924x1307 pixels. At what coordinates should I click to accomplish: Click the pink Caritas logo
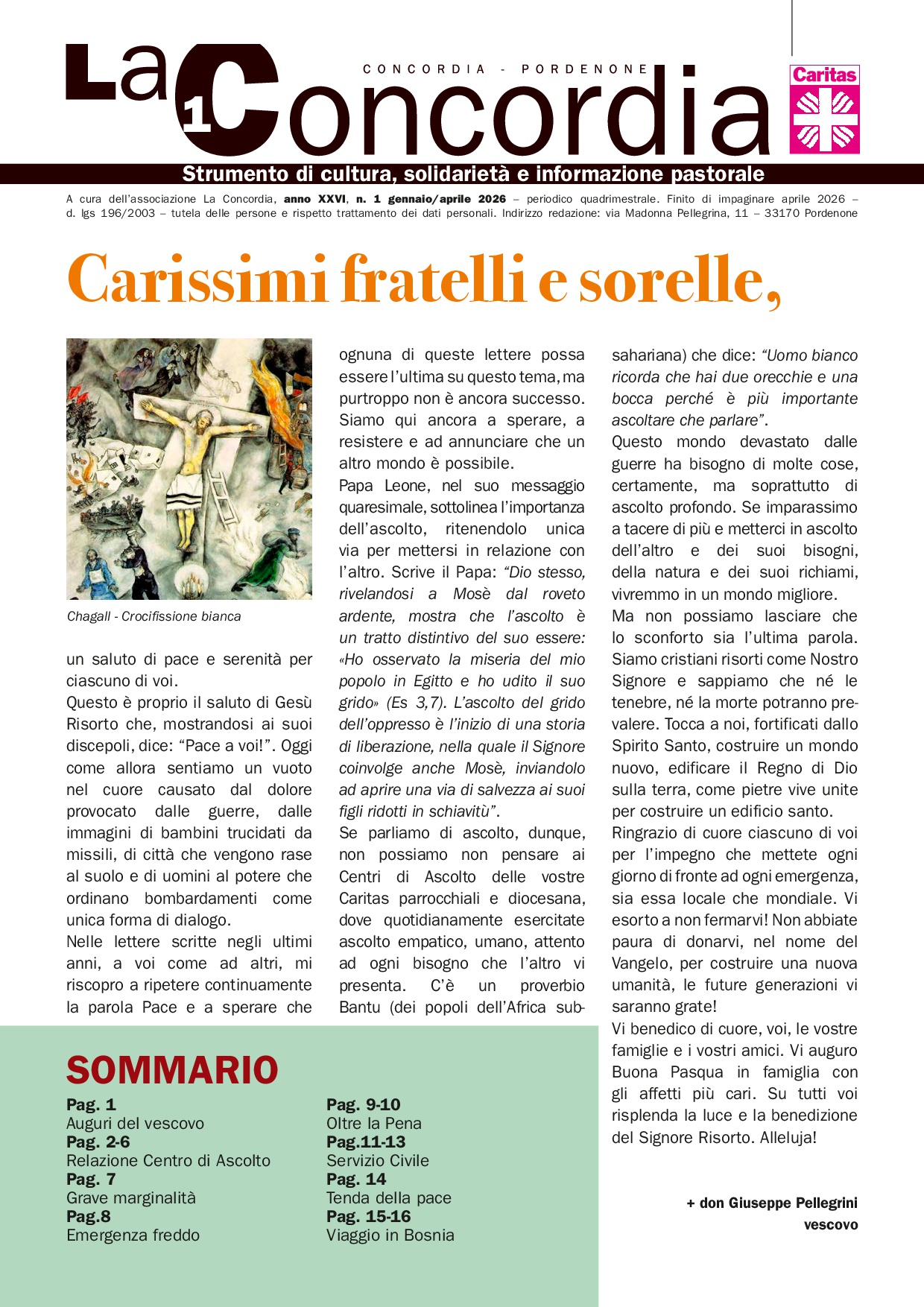(824, 109)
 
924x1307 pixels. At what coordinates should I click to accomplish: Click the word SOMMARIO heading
(172, 1070)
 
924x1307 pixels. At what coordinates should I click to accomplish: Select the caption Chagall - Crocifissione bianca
(154, 616)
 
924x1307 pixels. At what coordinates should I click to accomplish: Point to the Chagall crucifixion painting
(189, 469)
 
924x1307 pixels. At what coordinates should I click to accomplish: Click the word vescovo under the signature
(830, 1224)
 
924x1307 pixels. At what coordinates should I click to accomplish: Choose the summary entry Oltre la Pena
(373, 1123)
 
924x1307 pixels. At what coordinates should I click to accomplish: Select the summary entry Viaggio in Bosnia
(390, 1235)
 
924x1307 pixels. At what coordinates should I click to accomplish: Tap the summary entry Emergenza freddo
(133, 1235)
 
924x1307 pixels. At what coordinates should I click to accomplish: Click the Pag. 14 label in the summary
(356, 1179)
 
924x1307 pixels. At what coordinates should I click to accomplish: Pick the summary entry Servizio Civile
(377, 1160)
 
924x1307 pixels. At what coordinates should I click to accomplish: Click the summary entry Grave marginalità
(130, 1197)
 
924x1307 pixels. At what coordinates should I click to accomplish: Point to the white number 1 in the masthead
(197, 117)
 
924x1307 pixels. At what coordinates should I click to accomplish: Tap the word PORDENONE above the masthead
(585, 69)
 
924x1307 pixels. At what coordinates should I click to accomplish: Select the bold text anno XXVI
(314, 199)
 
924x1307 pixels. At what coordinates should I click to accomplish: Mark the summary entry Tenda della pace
(388, 1197)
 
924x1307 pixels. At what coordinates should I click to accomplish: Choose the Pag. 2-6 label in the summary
(98, 1142)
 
